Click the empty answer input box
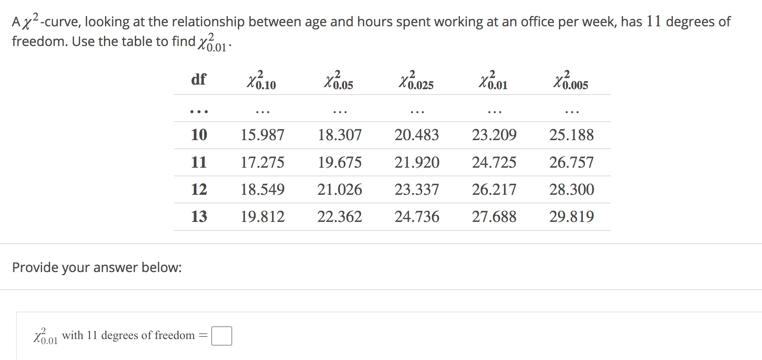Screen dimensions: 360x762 pos(222,336)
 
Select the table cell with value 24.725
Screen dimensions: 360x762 pos(494,162)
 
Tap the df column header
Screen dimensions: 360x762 pos(199,79)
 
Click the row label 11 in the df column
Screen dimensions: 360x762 pos(199,162)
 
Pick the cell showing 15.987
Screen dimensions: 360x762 pos(262,135)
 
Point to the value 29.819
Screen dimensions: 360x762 pos(571,217)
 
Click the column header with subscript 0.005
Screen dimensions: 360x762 pos(570,80)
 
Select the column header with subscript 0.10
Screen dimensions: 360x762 pos(261,80)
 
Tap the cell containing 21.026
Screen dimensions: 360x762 pos(339,189)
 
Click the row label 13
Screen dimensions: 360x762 pos(199,217)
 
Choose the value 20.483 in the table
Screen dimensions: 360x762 pos(417,135)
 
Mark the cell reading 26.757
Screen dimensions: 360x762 pos(571,162)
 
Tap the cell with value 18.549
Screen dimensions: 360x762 pos(262,189)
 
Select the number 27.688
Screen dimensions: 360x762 pos(494,217)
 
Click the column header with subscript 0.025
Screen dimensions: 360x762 pos(416,80)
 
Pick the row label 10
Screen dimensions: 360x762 pos(199,135)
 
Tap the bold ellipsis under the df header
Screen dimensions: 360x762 pos(199,111)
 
